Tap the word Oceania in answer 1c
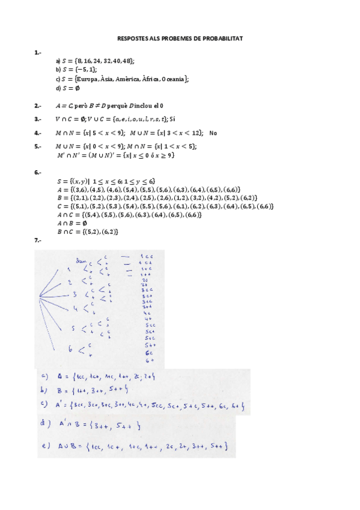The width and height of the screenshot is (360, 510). click(174, 79)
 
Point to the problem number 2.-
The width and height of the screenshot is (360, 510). click(38, 106)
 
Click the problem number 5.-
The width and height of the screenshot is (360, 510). click(38, 146)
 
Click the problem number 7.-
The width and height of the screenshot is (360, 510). click(38, 241)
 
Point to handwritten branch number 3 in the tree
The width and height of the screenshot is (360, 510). click(75, 295)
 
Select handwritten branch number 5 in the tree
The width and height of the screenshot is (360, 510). click(73, 328)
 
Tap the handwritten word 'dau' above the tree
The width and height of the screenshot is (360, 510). click(81, 260)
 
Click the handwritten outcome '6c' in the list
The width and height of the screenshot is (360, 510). click(148, 352)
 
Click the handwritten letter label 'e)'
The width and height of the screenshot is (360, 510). click(44, 446)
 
